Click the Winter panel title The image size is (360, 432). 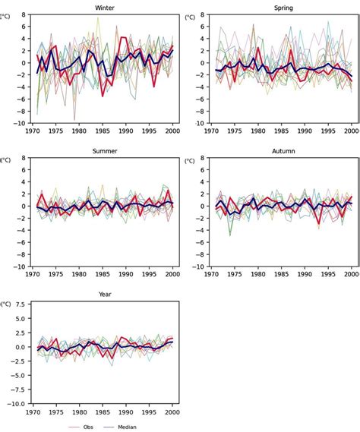pos(106,8)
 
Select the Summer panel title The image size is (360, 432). pos(106,151)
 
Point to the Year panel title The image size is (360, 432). pos(106,294)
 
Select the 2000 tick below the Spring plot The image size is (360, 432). pos(352,131)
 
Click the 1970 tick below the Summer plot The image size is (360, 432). pos(33,275)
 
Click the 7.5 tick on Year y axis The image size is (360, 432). pos(20,304)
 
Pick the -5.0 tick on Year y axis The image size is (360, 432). pos(18,376)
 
